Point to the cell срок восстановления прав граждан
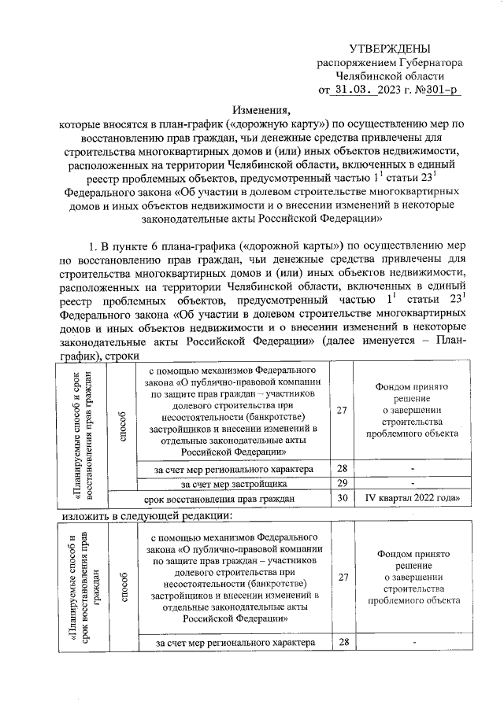click(x=220, y=498)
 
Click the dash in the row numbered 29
click(x=411, y=483)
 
